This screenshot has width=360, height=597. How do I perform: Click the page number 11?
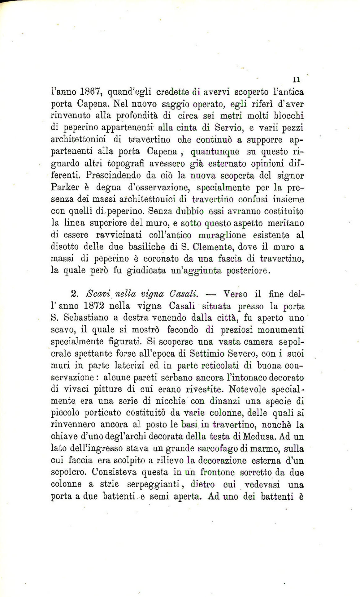point(296,79)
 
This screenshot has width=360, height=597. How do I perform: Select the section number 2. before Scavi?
point(74,294)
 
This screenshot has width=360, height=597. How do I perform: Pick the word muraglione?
point(222,235)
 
